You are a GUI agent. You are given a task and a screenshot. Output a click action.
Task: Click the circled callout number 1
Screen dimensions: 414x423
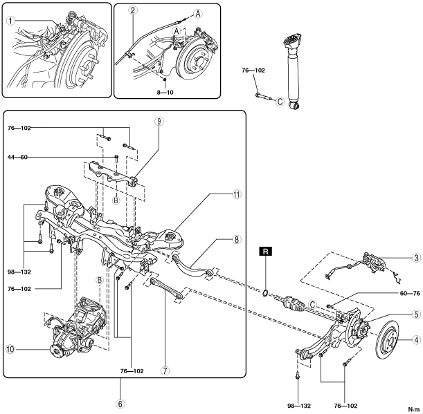pyautogui.click(x=10, y=21)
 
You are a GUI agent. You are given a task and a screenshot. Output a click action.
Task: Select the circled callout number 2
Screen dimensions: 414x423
pyautogui.click(x=132, y=10)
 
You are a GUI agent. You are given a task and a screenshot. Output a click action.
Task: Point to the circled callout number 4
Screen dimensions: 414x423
pyautogui.click(x=416, y=339)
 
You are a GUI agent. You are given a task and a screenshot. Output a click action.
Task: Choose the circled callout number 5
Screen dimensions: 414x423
pyautogui.click(x=415, y=314)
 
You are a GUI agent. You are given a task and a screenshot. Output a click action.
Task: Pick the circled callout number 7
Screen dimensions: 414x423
pyautogui.click(x=164, y=370)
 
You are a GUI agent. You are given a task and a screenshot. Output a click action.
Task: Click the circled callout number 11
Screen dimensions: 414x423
pyautogui.click(x=236, y=195)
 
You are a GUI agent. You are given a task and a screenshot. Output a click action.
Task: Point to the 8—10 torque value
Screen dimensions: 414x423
pyautogui.click(x=165, y=90)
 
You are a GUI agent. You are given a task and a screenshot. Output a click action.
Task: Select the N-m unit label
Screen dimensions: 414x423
pyautogui.click(x=414, y=408)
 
